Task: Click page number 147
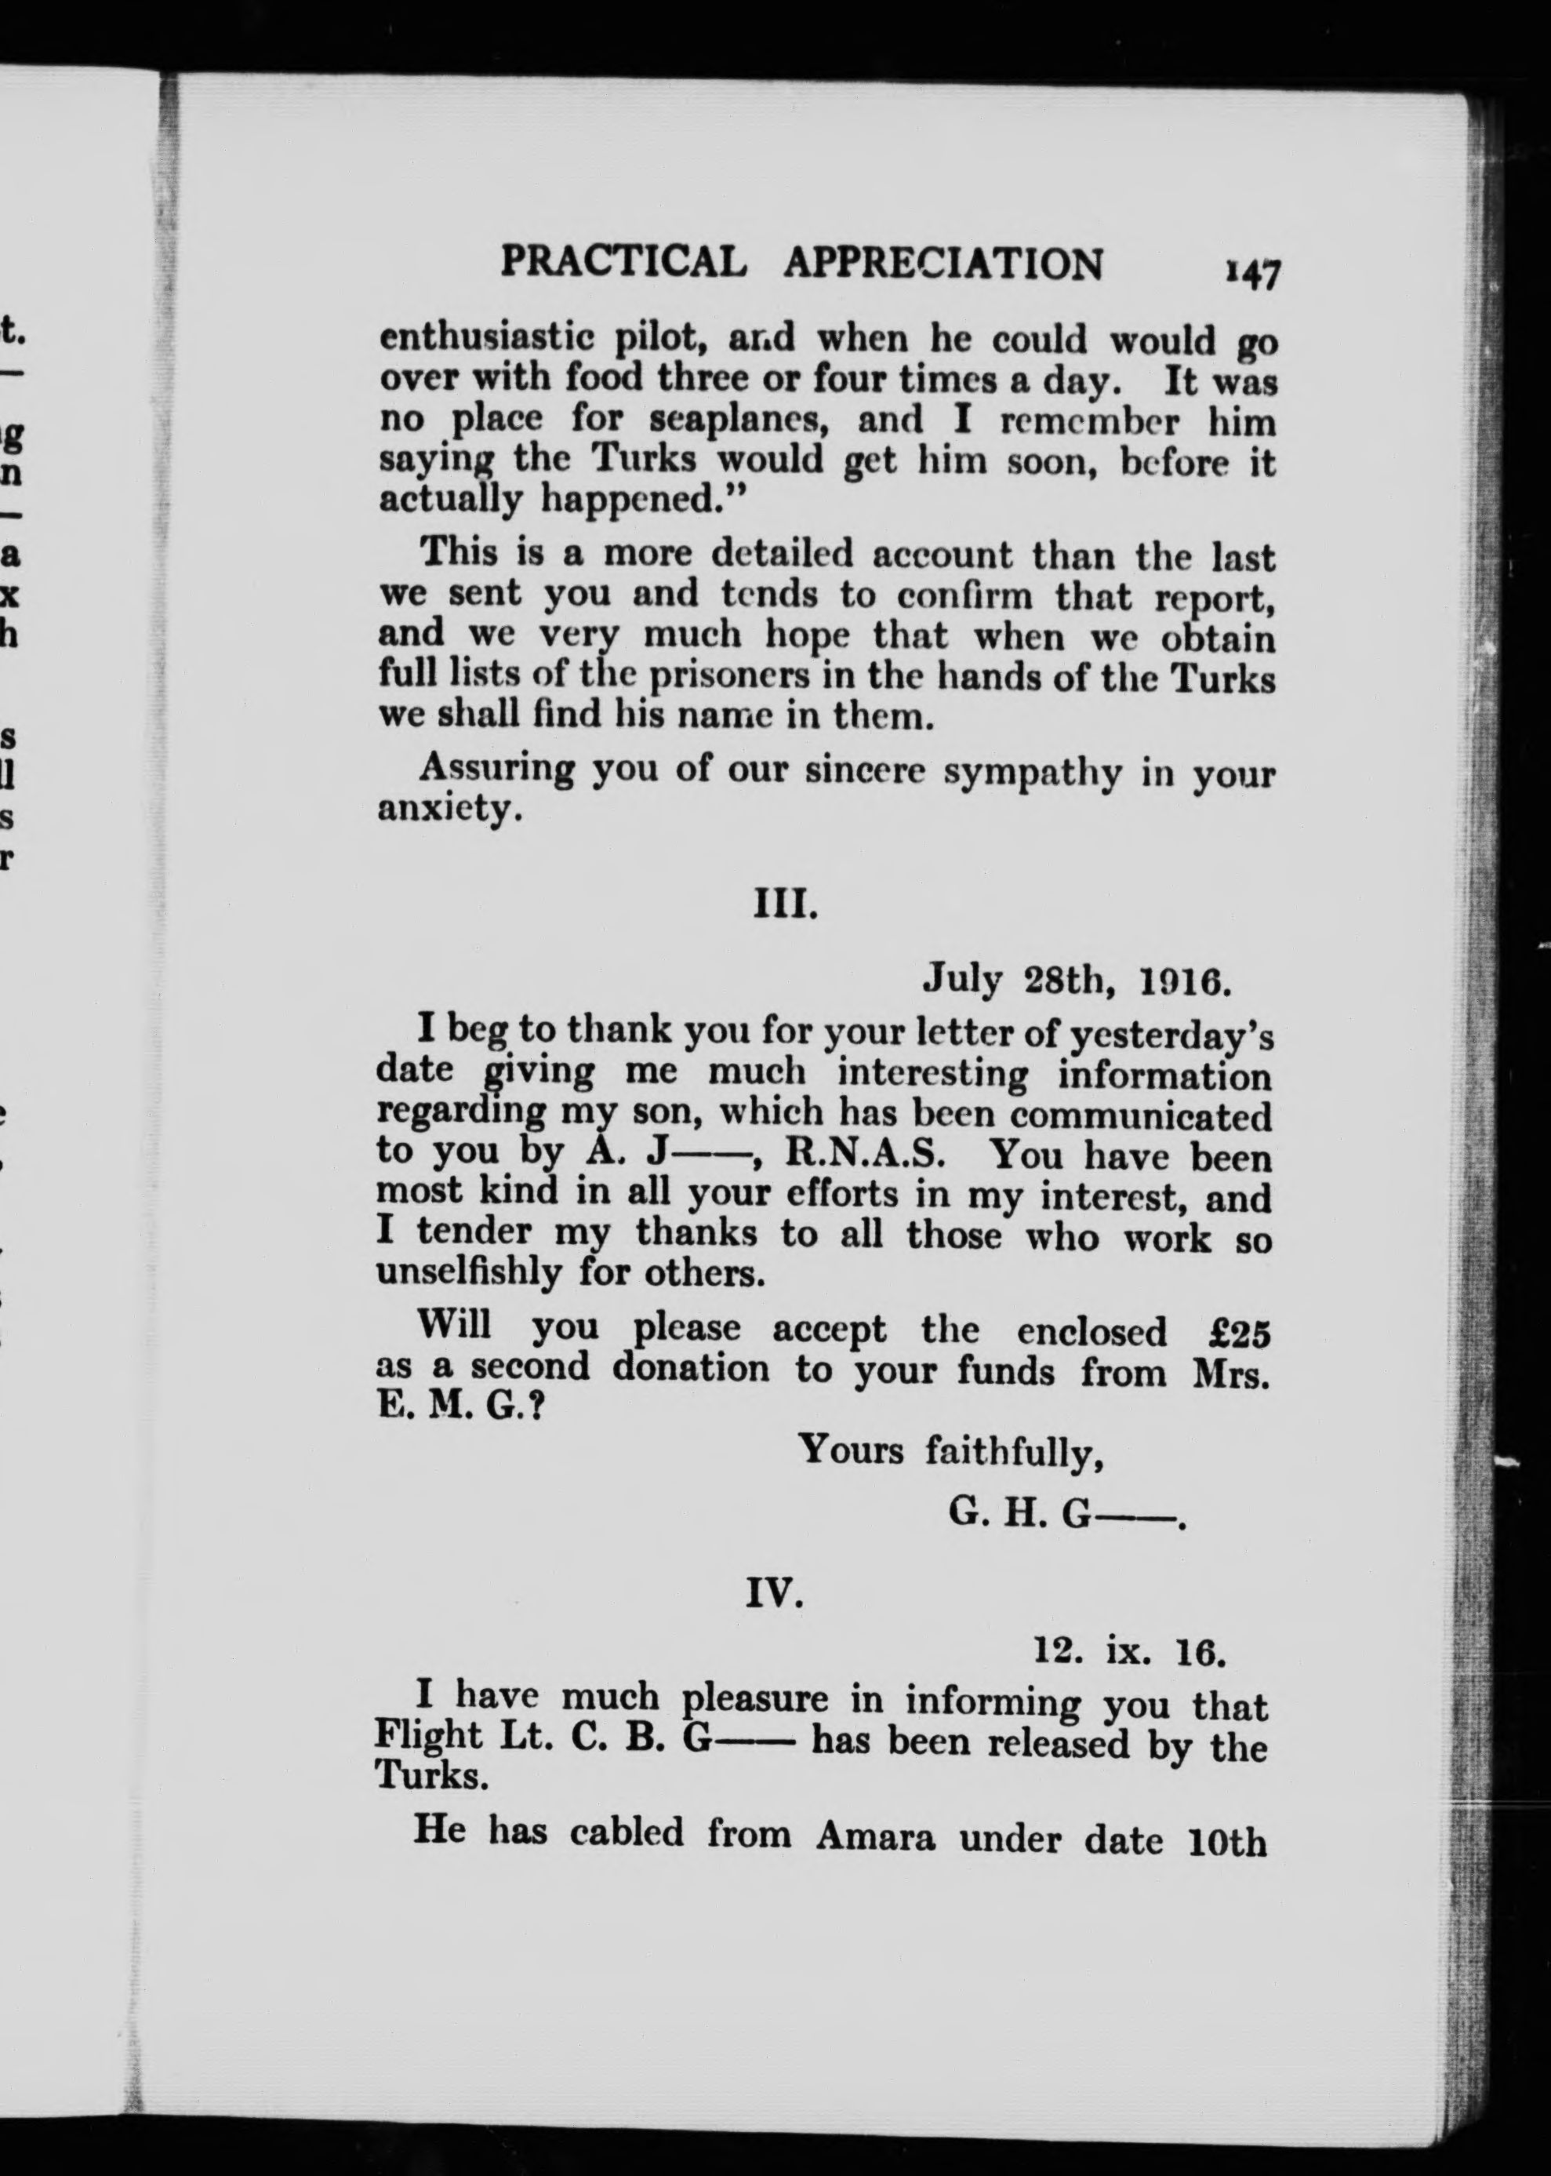(1251, 274)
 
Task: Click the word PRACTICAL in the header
(623, 262)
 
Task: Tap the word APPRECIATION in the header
(943, 264)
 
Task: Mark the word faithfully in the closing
(1014, 1453)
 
